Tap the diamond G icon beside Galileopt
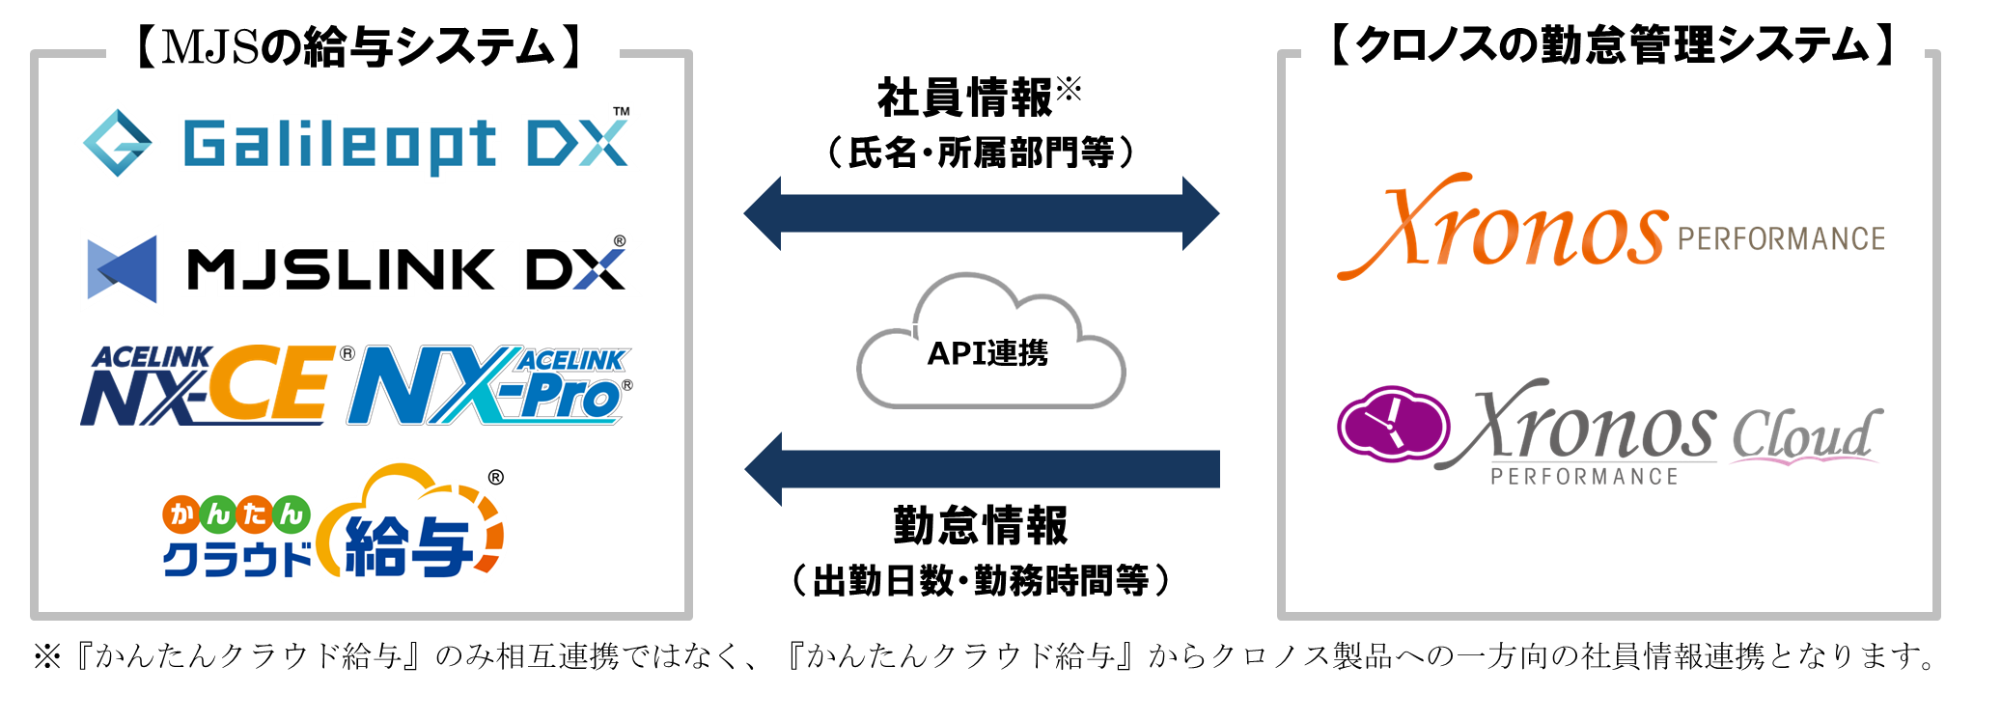(x=118, y=143)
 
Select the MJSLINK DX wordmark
(x=406, y=268)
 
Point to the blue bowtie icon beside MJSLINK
(x=122, y=268)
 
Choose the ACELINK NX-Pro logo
(x=490, y=385)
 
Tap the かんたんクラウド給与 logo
(x=333, y=522)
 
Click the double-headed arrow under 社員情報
(x=981, y=213)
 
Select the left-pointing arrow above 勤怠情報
(x=982, y=469)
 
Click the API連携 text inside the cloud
(x=987, y=353)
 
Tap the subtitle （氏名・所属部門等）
(x=982, y=153)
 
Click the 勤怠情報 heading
(x=981, y=526)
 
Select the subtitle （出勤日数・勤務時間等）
(x=981, y=581)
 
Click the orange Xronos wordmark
(x=1502, y=226)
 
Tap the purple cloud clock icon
(x=1393, y=424)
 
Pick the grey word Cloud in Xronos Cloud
(x=1805, y=434)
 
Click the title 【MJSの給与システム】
(x=360, y=46)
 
